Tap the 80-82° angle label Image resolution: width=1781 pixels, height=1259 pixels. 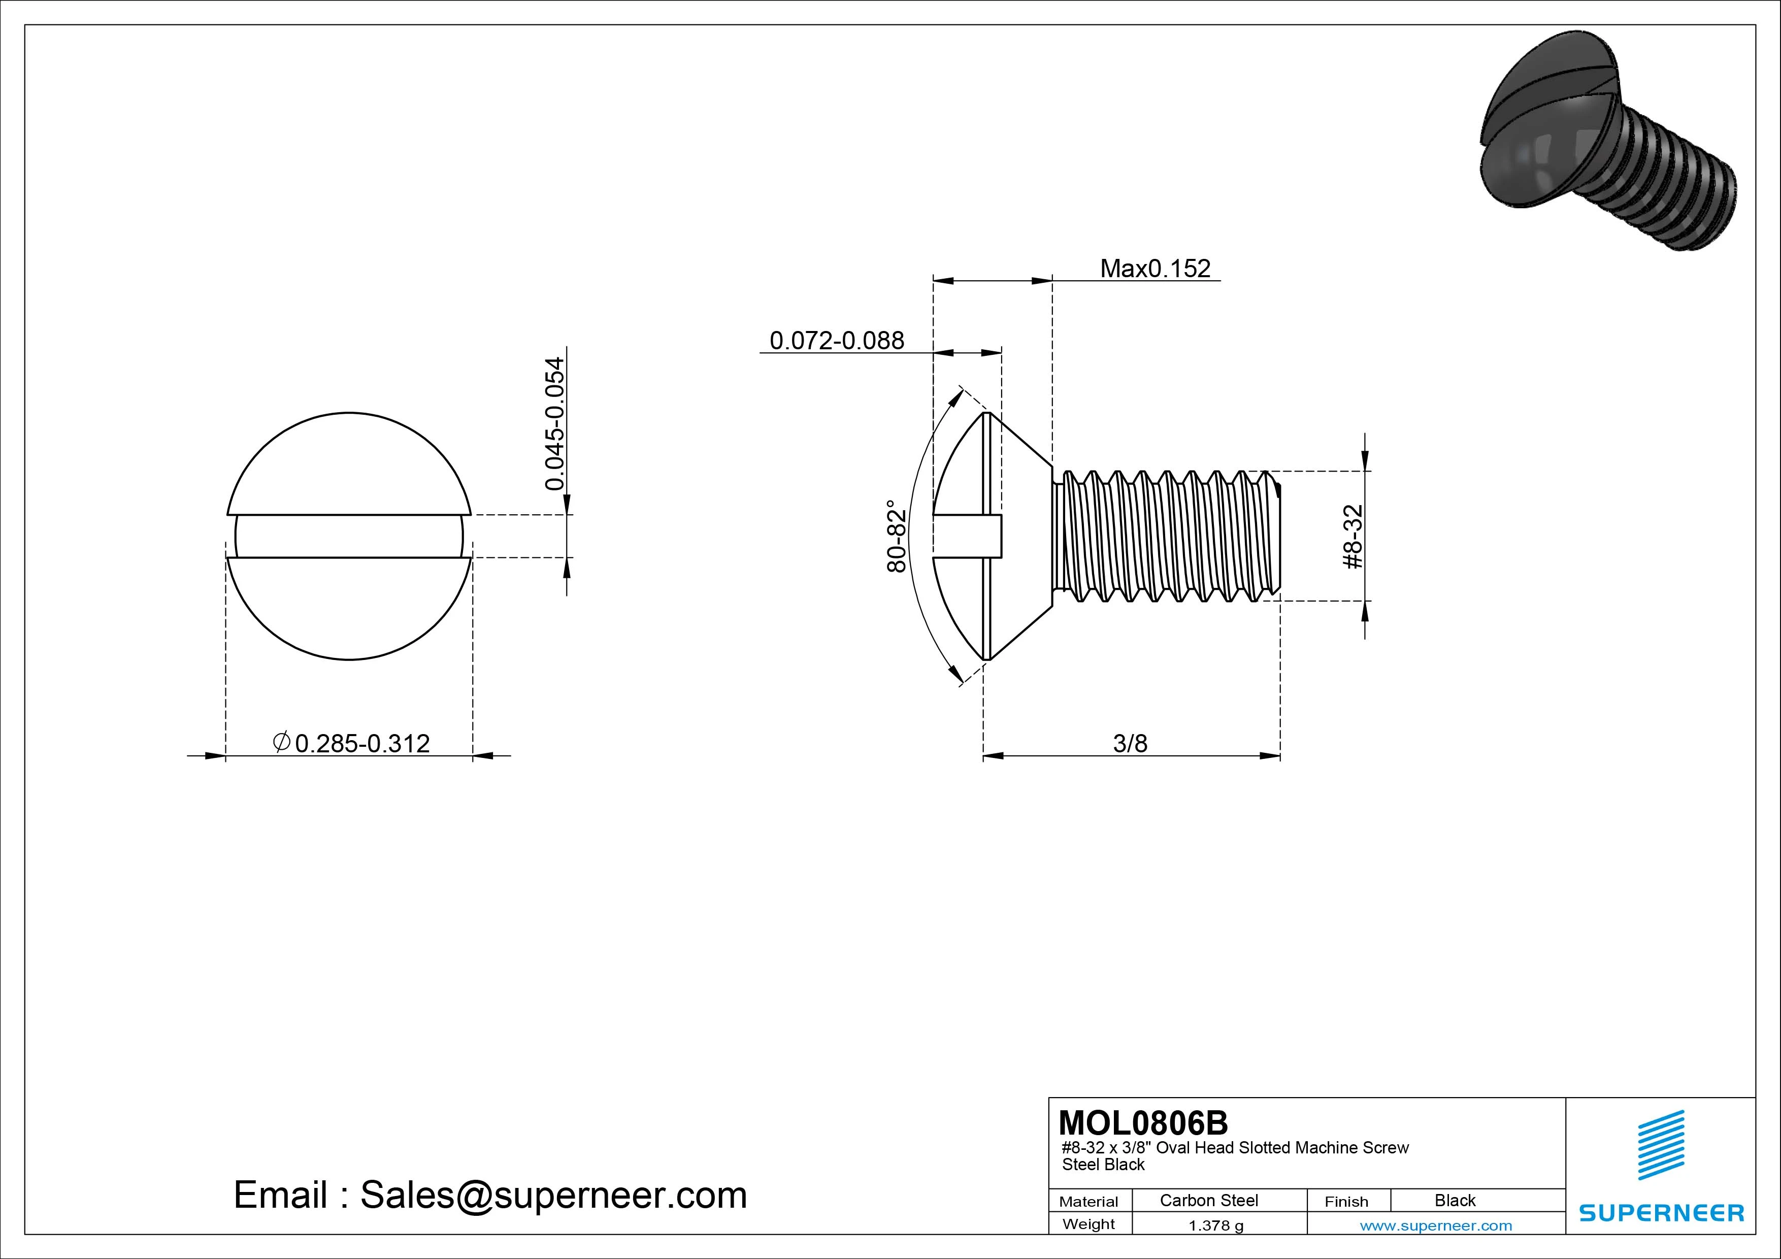pyautogui.click(x=896, y=536)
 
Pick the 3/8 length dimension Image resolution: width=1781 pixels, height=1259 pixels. pyautogui.click(x=1130, y=743)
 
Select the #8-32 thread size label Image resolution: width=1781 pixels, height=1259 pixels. pyautogui.click(x=1352, y=536)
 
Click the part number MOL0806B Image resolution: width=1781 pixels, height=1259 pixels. pyautogui.click(x=1143, y=1122)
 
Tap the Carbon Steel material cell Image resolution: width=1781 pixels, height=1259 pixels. pyautogui.click(x=1208, y=1200)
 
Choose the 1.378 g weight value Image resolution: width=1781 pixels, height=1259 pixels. pyautogui.click(x=1215, y=1225)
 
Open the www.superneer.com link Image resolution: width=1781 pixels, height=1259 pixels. pyautogui.click(x=1436, y=1225)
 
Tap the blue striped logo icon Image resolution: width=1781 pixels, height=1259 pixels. pyautogui.click(x=1661, y=1145)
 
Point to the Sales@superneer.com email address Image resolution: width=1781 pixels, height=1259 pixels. pyautogui.click(x=553, y=1195)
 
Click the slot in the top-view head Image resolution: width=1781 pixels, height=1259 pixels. pyautogui.click(x=349, y=536)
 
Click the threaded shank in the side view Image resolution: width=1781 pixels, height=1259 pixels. pyautogui.click(x=1164, y=536)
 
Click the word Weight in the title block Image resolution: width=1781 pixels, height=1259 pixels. pyautogui.click(x=1089, y=1224)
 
